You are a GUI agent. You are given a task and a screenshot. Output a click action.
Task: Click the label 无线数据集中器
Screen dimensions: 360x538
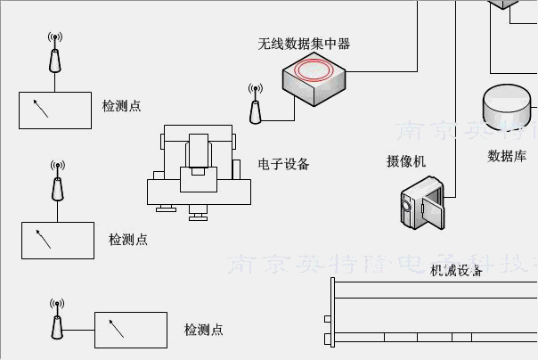pos(304,43)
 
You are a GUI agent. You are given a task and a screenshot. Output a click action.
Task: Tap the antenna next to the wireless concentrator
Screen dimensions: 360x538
pos(255,105)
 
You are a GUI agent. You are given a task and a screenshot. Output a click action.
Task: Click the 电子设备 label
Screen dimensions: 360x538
pos(284,164)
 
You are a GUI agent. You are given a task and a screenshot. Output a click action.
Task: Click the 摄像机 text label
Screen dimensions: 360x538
pos(406,161)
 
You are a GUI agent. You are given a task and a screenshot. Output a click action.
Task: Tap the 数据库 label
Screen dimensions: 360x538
pos(507,156)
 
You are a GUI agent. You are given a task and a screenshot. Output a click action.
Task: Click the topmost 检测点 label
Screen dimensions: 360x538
pos(122,106)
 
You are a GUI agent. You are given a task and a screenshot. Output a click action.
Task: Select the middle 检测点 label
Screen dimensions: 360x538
pos(128,240)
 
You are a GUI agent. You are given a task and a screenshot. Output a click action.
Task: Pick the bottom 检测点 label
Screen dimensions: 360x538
pos(204,330)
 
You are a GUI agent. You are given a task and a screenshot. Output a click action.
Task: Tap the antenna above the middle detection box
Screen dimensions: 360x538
pos(57,183)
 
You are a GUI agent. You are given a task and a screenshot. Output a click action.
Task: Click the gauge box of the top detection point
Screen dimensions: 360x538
pos(55,110)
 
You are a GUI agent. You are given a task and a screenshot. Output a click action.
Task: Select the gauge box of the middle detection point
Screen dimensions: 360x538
pos(58,241)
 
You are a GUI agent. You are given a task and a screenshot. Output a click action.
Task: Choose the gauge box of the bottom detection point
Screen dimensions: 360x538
pos(131,330)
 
